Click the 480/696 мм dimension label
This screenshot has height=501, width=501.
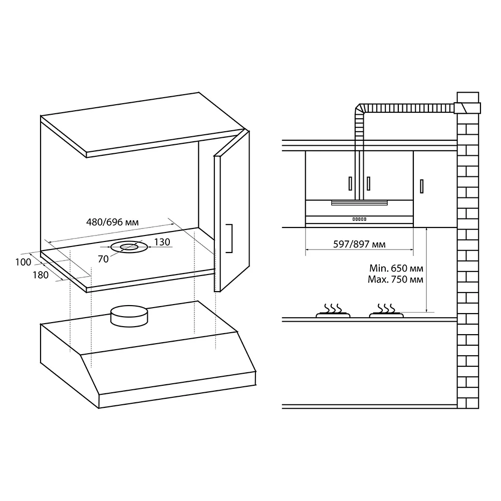[112, 222]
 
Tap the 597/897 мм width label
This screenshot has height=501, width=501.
[359, 244]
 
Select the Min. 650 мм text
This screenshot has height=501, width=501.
[396, 268]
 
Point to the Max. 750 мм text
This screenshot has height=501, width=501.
[396, 279]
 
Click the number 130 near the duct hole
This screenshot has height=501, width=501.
[162, 242]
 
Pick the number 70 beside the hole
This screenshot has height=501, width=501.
[103, 259]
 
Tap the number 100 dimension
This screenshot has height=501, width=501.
[24, 262]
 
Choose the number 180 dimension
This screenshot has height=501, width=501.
[41, 275]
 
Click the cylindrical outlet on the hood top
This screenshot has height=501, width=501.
[129, 316]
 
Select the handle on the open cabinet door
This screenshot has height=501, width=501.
[229, 238]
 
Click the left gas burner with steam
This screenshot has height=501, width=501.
[333, 311]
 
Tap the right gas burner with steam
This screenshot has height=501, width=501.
[386, 311]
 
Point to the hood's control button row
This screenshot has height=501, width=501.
[359, 219]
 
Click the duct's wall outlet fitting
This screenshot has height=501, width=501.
[467, 108]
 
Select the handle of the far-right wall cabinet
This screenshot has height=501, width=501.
[422, 186]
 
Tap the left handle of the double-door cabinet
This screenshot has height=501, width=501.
[351, 183]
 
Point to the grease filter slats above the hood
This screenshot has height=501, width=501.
[359, 202]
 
